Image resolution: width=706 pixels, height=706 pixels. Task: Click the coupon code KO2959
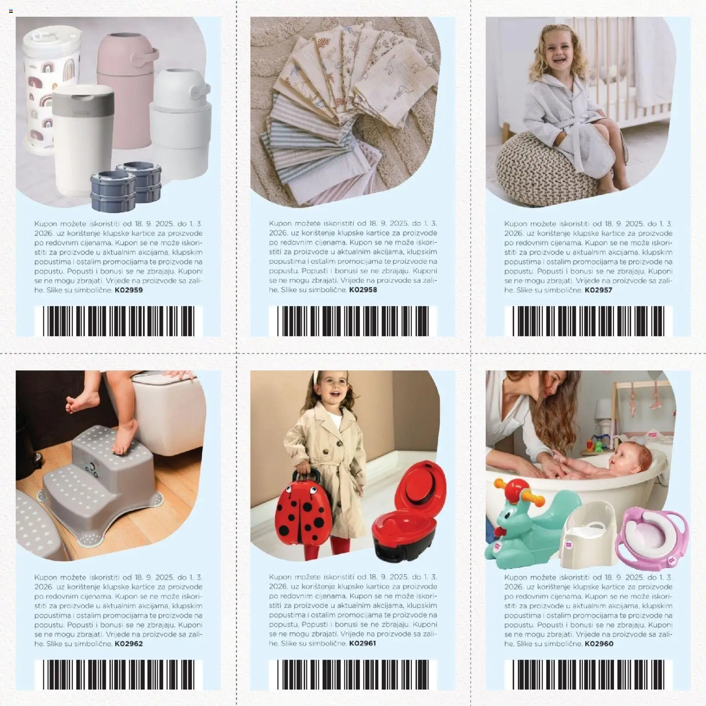pos(128,290)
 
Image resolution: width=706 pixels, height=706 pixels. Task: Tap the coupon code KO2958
pos(363,290)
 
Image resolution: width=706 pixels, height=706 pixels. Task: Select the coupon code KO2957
pos(598,290)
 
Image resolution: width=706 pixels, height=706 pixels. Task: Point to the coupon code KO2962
pos(128,644)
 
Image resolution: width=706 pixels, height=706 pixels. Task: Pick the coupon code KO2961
pos(363,643)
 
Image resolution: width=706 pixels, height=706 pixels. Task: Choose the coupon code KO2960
pos(599,644)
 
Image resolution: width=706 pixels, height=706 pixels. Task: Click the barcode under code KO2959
pos(118,321)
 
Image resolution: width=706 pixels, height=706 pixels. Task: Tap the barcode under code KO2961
pos(353,674)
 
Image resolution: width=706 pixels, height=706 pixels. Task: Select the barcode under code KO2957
pos(588,321)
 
